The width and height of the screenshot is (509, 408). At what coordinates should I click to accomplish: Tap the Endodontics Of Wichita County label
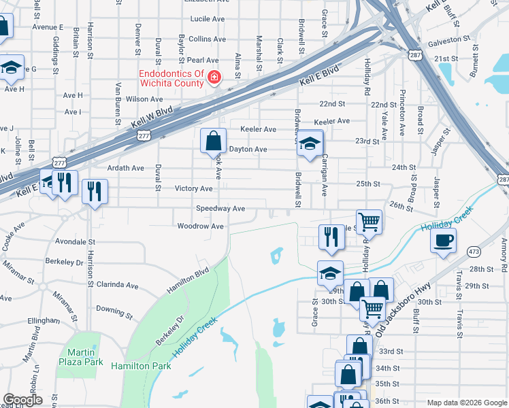[x=171, y=78]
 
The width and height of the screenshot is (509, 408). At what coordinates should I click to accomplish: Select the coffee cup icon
[x=442, y=241]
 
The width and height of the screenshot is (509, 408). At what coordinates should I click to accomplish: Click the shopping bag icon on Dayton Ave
[x=213, y=141]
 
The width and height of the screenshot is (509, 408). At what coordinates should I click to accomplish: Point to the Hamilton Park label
[x=140, y=366]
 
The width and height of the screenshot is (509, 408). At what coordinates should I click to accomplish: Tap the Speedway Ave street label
[x=220, y=208]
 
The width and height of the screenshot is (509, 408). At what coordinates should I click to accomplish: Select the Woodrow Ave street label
[x=200, y=226]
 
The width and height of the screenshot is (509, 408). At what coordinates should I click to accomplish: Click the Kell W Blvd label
[x=154, y=116]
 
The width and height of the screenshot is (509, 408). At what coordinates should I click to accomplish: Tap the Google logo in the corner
[x=22, y=400]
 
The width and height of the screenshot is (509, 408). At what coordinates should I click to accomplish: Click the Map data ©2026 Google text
[x=466, y=403]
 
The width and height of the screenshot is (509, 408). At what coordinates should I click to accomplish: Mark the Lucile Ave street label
[x=208, y=19]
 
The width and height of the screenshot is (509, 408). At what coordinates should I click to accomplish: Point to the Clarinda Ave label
[x=118, y=284]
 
